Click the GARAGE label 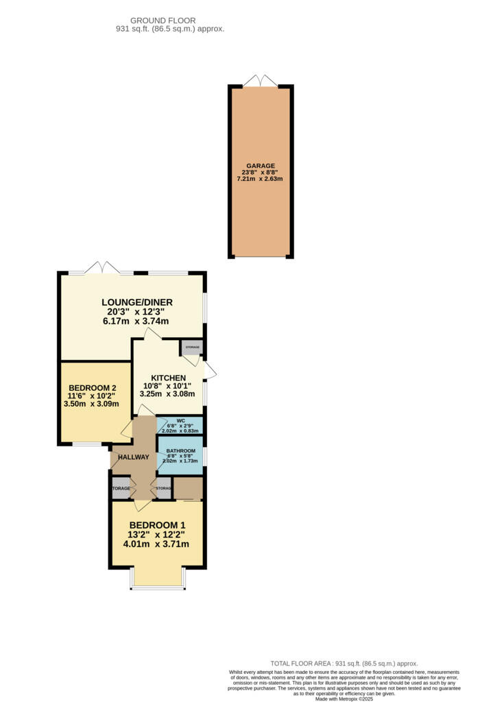point(261,166)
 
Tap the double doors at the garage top point(261,81)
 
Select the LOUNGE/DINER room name point(136,302)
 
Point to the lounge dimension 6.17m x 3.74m point(136,321)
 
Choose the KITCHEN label point(169,378)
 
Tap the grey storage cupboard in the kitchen point(192,348)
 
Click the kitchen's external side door point(209,372)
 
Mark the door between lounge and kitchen point(152,333)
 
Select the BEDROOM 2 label point(91,387)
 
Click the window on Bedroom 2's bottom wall point(86,444)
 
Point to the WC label point(180,421)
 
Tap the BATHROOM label point(181,451)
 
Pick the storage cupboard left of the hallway point(121,488)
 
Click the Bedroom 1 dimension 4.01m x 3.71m point(156,544)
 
